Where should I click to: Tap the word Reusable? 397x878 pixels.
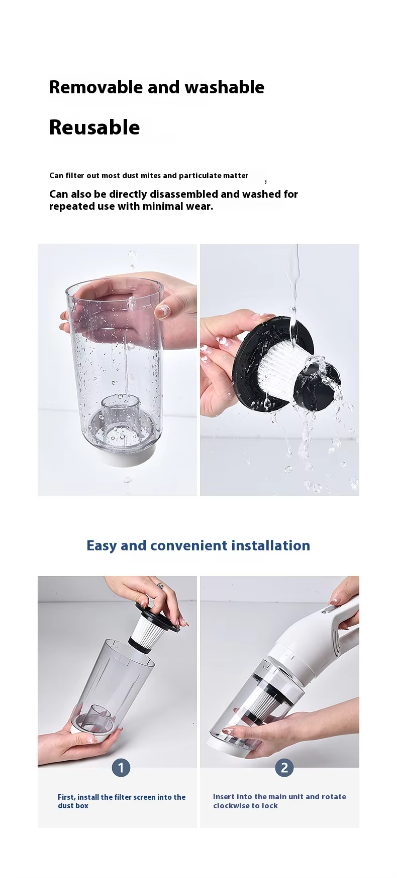click(94, 127)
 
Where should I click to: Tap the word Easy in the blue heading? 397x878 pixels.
click(102, 546)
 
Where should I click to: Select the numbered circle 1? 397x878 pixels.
click(121, 768)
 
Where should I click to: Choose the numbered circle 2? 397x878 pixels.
click(284, 768)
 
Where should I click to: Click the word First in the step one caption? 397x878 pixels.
click(66, 797)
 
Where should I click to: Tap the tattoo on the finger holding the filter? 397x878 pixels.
click(160, 586)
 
